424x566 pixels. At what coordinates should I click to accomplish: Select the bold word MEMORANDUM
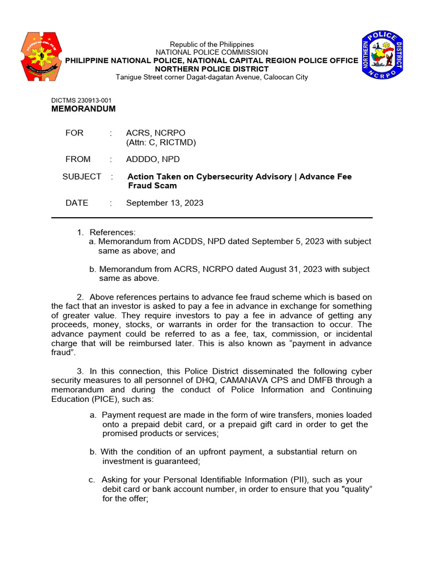point(83,109)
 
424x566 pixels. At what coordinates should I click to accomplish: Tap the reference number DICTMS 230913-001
point(81,100)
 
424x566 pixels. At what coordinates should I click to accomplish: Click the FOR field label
point(75,133)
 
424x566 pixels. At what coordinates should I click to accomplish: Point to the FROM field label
point(78,159)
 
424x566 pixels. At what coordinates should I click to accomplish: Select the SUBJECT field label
point(82,177)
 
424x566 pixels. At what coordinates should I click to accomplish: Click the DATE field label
point(77,203)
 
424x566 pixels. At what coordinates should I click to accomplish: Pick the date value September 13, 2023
point(165,203)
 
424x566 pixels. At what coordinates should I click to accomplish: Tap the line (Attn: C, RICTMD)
point(161,143)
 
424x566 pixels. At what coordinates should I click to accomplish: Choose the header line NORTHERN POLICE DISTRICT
point(211,69)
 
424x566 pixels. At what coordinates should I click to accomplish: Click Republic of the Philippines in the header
point(211,44)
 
